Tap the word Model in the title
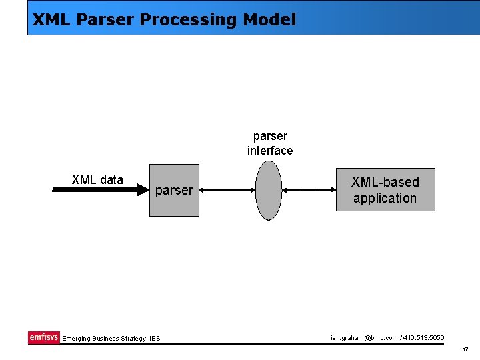click(x=269, y=20)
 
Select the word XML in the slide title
click(x=52, y=20)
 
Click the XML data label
click(x=97, y=180)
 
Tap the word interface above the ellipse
click(x=270, y=151)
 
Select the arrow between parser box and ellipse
click(x=227, y=191)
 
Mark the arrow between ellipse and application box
click(x=309, y=191)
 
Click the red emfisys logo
click(x=44, y=337)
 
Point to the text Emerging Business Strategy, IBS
click(x=111, y=339)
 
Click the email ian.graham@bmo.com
click(x=363, y=338)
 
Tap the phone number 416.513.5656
click(x=423, y=338)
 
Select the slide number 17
click(x=465, y=349)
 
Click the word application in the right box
click(x=385, y=198)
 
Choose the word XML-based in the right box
click(x=385, y=182)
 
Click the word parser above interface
click(x=270, y=137)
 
